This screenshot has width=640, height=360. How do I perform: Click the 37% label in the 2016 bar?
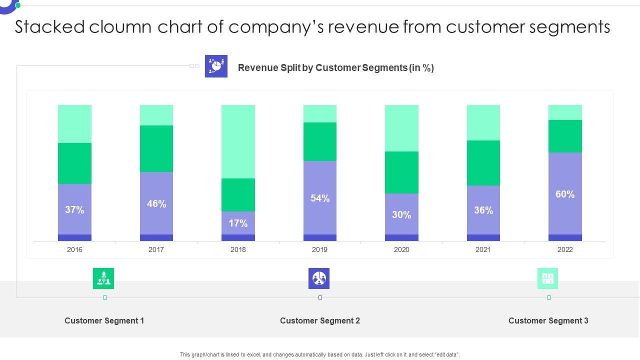point(74,210)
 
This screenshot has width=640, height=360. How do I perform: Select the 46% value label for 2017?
point(156,203)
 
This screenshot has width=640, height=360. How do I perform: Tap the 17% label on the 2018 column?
point(238,223)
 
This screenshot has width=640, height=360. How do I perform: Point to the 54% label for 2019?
point(320,198)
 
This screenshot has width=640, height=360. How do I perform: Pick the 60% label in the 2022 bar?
point(565,194)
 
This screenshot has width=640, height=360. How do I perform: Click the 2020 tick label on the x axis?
point(401,249)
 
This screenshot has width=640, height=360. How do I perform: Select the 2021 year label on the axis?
point(483,249)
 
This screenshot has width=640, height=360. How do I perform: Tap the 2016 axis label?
point(74,249)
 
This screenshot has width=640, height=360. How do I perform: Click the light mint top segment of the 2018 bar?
point(238,141)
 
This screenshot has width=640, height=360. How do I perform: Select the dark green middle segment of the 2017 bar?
point(156,148)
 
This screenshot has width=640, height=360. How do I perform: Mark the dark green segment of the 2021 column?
point(483,163)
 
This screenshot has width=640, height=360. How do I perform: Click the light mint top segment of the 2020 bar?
point(401,128)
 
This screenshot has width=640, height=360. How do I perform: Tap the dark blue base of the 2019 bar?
point(320,238)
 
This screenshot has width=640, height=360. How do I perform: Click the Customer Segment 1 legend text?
point(104,321)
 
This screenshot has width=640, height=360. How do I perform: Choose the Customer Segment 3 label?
point(548,321)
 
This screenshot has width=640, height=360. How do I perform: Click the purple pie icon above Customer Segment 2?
point(319,278)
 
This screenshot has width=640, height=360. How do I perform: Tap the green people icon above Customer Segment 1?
point(103,278)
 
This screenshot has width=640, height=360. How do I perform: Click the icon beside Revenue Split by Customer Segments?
point(216,66)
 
